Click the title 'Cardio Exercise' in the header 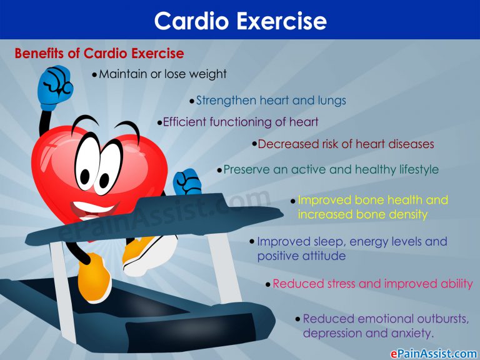(x=240, y=21)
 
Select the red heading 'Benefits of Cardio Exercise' (x=99, y=53)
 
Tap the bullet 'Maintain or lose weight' (x=162, y=74)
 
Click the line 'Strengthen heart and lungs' (x=271, y=100)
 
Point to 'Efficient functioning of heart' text (x=241, y=122)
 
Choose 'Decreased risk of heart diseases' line (x=346, y=144)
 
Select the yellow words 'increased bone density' (x=362, y=214)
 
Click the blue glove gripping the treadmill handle (x=186, y=182)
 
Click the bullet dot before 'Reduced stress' (x=267, y=284)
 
